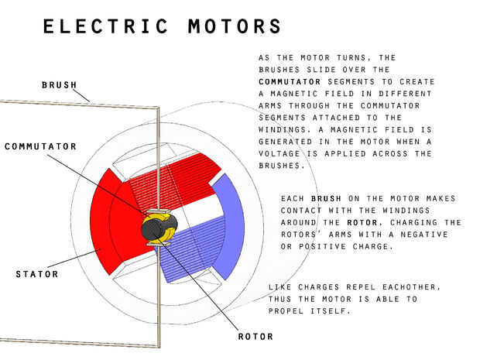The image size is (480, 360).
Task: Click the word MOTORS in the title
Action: point(235,27)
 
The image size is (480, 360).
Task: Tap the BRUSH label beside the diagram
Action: point(60,84)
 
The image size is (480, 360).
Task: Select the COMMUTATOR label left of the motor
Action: point(41,146)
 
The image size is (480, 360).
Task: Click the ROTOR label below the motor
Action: point(255,337)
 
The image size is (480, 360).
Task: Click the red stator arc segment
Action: point(106,225)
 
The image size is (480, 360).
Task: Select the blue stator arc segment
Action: point(228,225)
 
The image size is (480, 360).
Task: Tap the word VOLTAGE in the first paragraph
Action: point(282,153)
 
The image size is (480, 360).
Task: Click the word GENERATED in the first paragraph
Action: point(287,142)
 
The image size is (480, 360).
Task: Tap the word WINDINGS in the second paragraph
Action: point(403,211)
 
